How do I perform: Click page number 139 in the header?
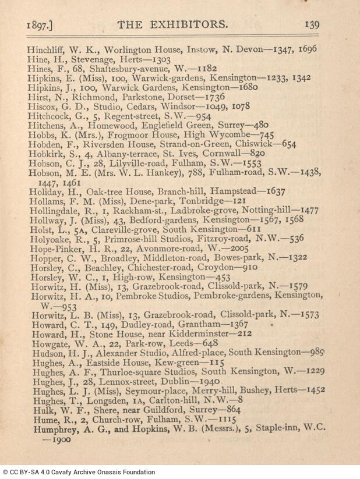tap(312, 24)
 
